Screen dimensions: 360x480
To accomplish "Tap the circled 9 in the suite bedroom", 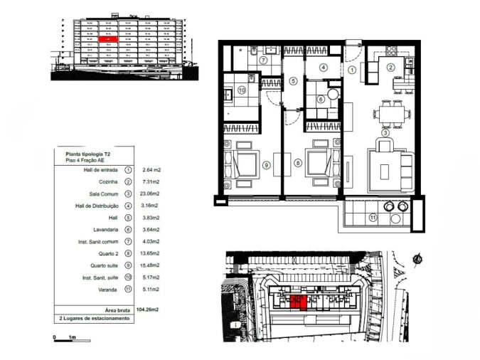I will point(267,164).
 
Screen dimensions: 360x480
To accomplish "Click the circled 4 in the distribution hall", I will point(323,68).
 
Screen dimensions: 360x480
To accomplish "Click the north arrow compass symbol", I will point(418,260).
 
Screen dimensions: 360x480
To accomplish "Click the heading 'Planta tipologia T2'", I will point(87,154).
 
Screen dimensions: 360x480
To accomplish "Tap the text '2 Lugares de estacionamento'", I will point(94,319).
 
